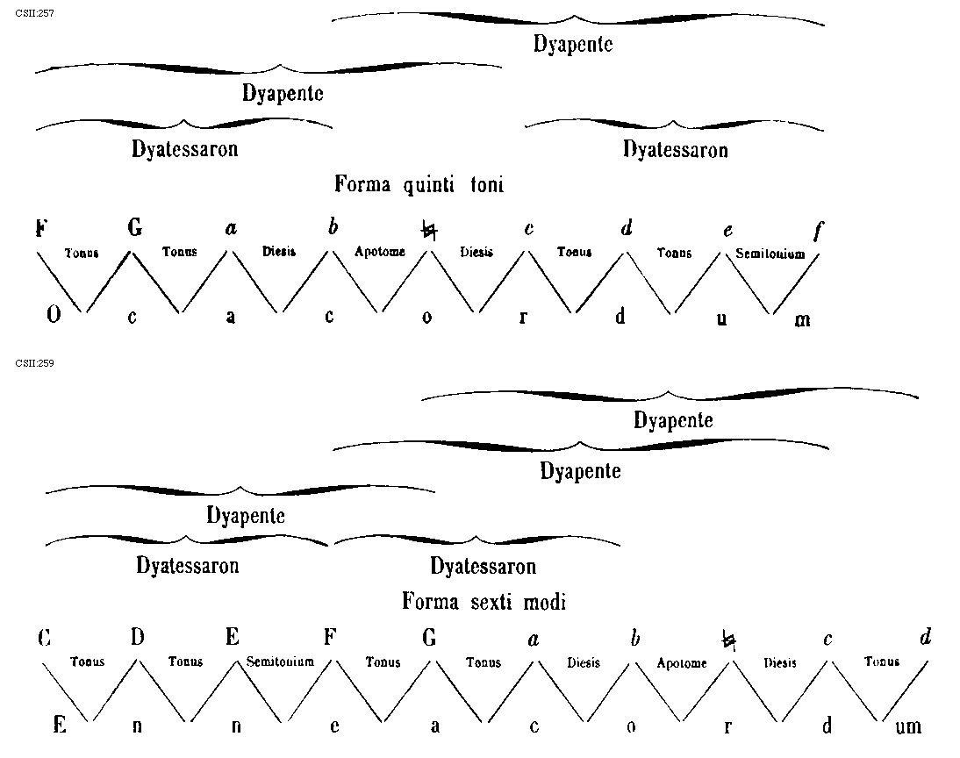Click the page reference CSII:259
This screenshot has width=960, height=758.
pos(29,362)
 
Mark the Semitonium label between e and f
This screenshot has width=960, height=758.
pos(770,254)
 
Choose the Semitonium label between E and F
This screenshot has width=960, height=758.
pos(280,661)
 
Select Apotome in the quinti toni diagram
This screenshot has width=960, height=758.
pos(380,252)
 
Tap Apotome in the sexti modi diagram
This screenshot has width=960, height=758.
pos(682,663)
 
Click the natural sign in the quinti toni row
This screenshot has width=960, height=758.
pos(428,231)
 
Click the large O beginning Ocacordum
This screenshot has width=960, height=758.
pos(53,317)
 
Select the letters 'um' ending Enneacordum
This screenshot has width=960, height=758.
pos(909,726)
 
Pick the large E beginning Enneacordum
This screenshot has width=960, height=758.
pos(60,726)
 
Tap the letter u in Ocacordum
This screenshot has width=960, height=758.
pos(721,318)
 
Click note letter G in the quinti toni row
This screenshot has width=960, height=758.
pos(134,229)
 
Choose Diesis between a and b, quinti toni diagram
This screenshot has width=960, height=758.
pos(279,252)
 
